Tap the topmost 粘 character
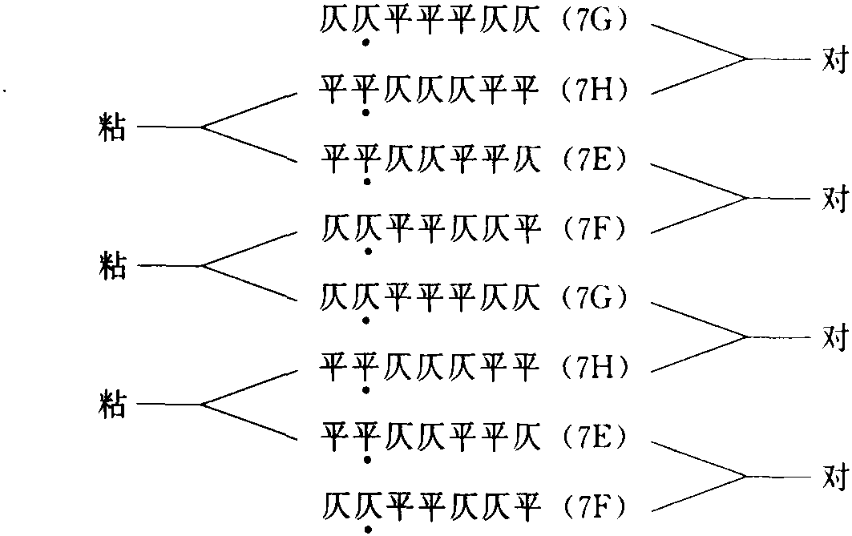pyautogui.click(x=111, y=127)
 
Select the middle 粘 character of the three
pyautogui.click(x=111, y=265)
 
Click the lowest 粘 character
pyautogui.click(x=111, y=404)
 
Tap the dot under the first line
pyautogui.click(x=366, y=42)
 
